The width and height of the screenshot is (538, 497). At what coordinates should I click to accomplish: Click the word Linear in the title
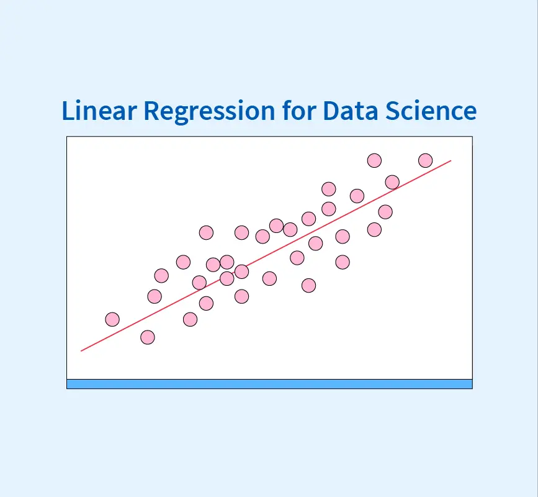[x=99, y=110]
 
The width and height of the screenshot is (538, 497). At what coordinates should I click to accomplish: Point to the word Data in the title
[x=351, y=111]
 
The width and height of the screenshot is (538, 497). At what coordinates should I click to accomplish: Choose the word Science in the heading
[x=431, y=110]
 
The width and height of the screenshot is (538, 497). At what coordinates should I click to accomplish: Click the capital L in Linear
[x=68, y=111]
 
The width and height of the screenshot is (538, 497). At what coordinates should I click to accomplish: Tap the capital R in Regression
[x=152, y=111]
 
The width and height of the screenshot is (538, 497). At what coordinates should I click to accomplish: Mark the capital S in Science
[x=393, y=111]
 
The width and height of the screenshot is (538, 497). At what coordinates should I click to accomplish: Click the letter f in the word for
[x=287, y=110]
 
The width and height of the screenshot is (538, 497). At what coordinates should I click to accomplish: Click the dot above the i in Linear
[x=81, y=102]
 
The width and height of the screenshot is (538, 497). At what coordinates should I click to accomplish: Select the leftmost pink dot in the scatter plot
[x=112, y=319]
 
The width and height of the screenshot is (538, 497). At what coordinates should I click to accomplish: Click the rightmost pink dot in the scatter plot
[x=426, y=160]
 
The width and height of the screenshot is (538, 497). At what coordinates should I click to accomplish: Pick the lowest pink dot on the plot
[x=148, y=337]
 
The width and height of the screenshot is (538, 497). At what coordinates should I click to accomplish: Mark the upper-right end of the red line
[x=451, y=160]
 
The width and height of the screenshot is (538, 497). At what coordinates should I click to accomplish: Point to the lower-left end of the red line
[x=81, y=351]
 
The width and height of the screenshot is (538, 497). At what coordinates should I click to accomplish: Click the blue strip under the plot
[x=269, y=384]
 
